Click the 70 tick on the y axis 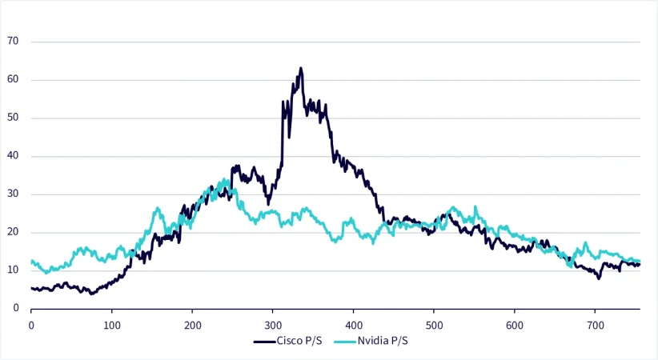[14, 42]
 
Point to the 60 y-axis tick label [14, 80]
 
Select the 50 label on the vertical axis [14, 118]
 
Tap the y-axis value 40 [14, 156]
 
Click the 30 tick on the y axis [14, 194]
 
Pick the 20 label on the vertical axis [14, 232]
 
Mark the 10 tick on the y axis [14, 270]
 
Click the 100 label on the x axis [112, 326]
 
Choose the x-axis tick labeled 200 [192, 326]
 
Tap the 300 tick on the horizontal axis [273, 326]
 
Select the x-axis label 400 [353, 326]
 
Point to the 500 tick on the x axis [433, 326]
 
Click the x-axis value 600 [514, 326]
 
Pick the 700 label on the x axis [594, 326]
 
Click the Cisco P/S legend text [300, 341]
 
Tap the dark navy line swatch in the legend [264, 341]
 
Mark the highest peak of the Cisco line [301, 69]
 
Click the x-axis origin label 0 [31, 326]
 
